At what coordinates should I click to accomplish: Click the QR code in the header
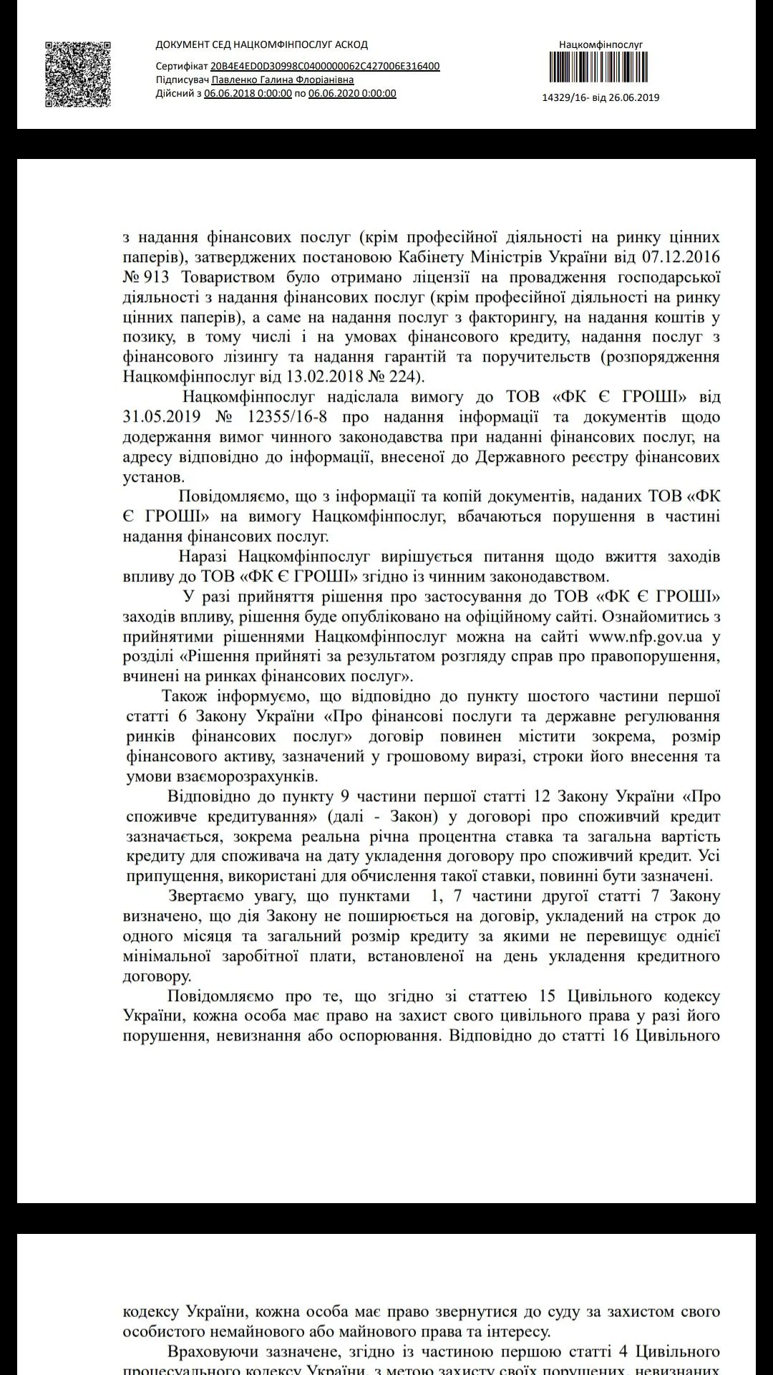(x=79, y=74)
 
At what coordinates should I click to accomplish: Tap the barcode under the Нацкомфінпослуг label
(x=601, y=71)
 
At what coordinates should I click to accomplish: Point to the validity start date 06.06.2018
(x=248, y=94)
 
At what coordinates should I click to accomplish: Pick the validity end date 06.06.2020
(x=352, y=94)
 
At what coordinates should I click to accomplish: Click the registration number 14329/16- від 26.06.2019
(x=601, y=98)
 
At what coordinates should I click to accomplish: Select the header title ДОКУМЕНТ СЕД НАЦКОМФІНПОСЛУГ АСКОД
(x=261, y=45)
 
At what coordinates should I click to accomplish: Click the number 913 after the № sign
(x=156, y=277)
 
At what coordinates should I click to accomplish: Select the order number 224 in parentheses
(x=409, y=376)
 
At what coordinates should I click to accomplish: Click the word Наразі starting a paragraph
(x=205, y=556)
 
